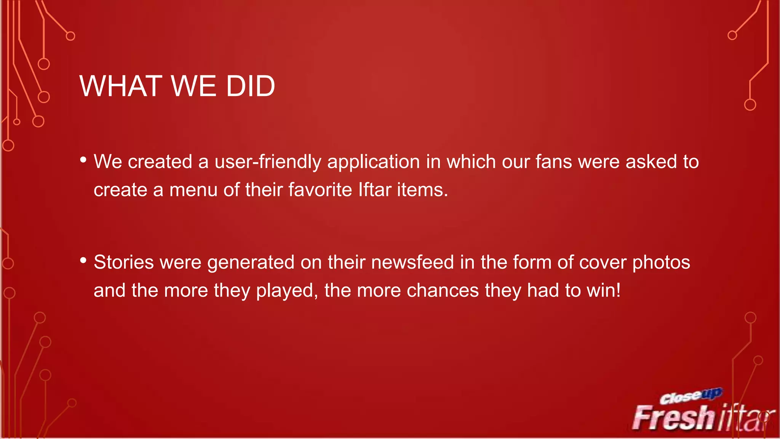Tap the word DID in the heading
[250, 86]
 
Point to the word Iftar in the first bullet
[375, 190]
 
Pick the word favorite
[320, 190]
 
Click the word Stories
[124, 263]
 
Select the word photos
[661, 263]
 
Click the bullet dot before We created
[83, 160]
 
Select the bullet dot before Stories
[83, 261]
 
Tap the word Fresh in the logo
[673, 418]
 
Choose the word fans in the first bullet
[554, 162]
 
